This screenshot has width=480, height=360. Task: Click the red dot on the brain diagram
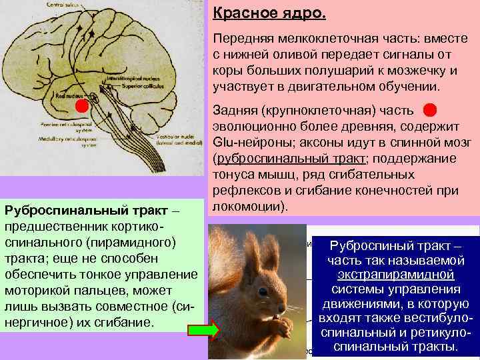[81, 106]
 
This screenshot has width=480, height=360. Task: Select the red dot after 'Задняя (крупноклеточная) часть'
[430, 109]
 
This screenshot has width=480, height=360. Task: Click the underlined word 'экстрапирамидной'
[396, 275]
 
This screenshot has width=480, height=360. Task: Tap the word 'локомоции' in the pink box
[247, 205]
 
